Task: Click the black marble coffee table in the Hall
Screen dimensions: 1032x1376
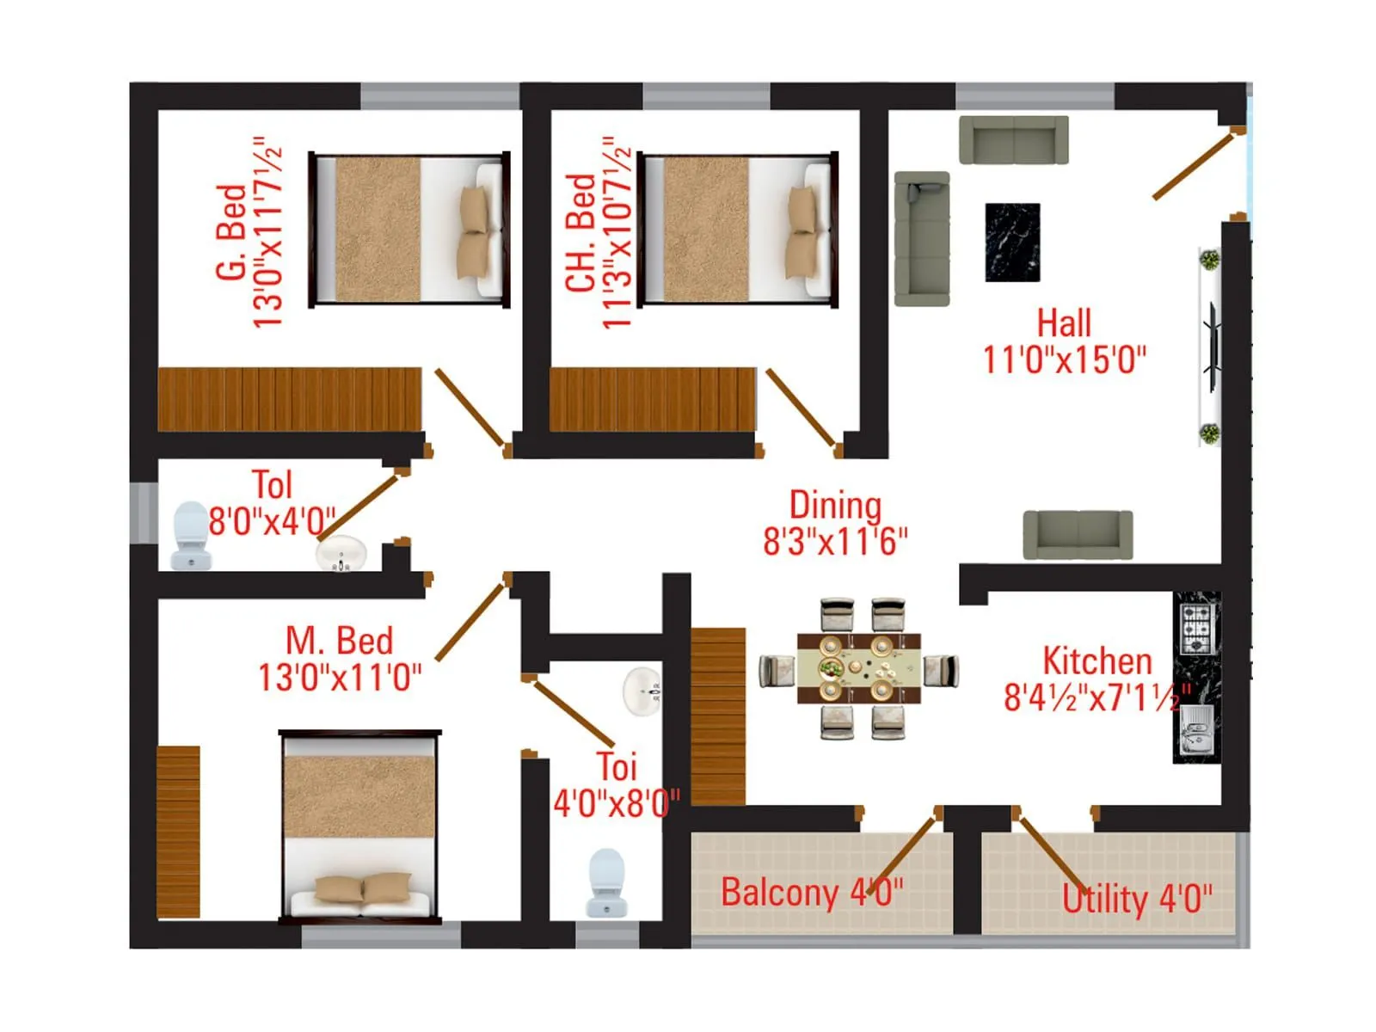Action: pyautogui.click(x=1012, y=243)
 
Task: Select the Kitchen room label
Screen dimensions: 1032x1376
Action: pyautogui.click(x=1096, y=661)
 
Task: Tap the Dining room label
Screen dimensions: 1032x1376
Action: pyautogui.click(x=835, y=505)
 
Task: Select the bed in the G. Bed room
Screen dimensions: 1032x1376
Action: pyautogui.click(x=409, y=230)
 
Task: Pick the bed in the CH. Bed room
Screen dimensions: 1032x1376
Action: pyautogui.click(x=738, y=230)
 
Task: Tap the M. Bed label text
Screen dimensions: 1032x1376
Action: pyautogui.click(x=339, y=642)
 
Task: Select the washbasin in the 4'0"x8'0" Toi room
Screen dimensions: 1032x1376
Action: pyautogui.click(x=642, y=690)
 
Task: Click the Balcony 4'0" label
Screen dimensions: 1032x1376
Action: pyautogui.click(x=812, y=893)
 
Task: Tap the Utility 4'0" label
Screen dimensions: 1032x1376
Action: pyautogui.click(x=1136, y=900)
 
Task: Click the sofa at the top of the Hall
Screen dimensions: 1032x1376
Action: pyautogui.click(x=1014, y=139)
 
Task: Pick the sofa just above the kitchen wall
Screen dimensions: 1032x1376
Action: pyautogui.click(x=1078, y=534)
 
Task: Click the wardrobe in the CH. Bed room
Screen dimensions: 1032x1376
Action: pyautogui.click(x=653, y=400)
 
